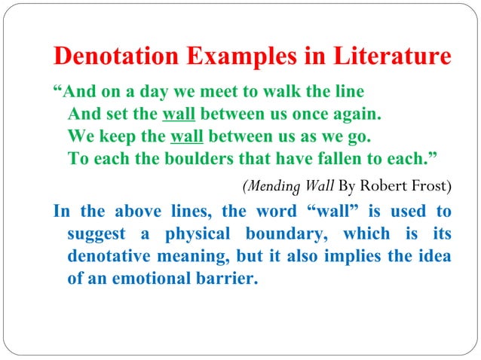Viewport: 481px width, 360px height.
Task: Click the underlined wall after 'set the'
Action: (x=179, y=116)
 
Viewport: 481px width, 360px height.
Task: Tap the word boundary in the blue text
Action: (x=271, y=233)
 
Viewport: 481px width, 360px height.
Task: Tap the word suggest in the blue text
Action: (x=96, y=234)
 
